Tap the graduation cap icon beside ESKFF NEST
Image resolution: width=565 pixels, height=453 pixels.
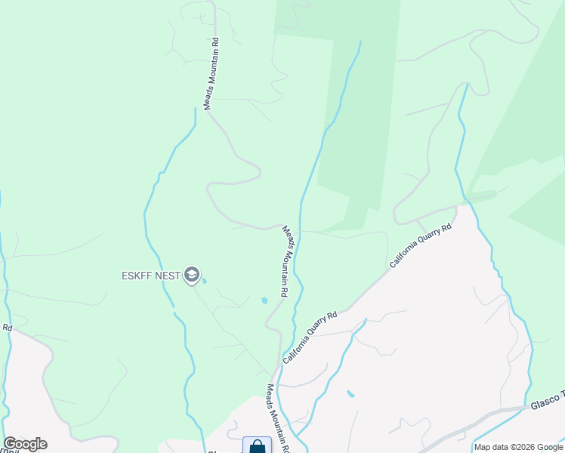(192, 276)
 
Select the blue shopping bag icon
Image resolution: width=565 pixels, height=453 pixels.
(257, 446)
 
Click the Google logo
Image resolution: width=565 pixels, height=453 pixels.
(25, 444)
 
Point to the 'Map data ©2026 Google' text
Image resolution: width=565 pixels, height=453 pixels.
(519, 447)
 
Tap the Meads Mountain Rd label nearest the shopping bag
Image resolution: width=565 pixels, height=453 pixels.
(277, 420)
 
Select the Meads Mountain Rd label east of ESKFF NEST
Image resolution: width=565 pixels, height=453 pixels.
(286, 260)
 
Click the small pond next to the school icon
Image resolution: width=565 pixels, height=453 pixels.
(205, 282)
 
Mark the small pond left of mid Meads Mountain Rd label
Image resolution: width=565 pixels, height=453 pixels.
(264, 300)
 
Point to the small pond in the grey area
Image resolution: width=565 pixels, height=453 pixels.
(350, 394)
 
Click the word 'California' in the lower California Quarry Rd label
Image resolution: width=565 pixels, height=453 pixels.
(297, 349)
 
